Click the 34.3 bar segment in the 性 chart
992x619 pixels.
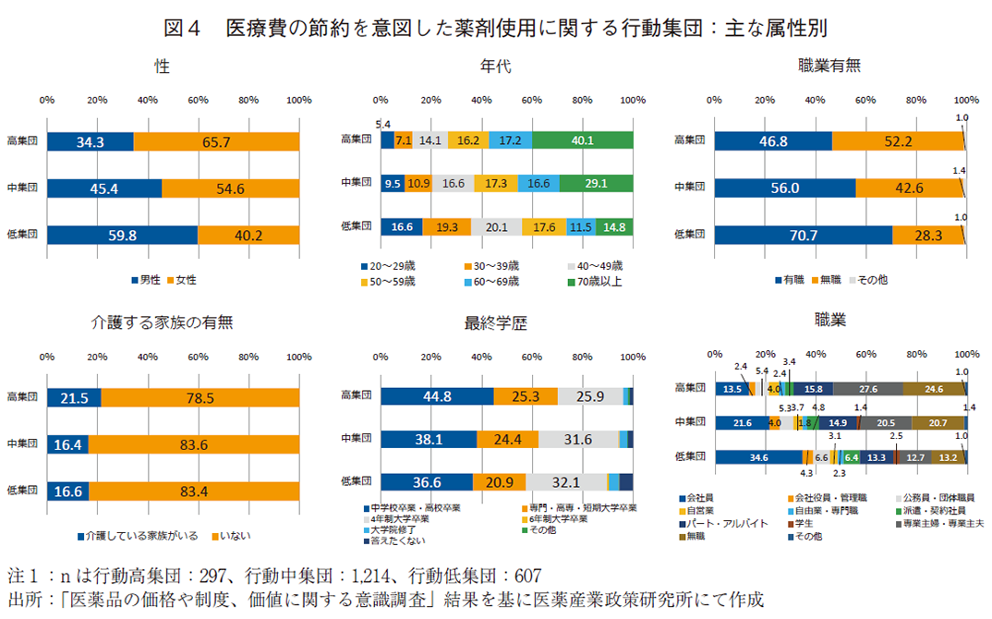[x=91, y=140]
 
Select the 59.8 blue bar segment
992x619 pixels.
[x=123, y=235]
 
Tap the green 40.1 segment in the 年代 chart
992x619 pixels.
[x=582, y=140]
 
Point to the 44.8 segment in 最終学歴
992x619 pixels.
[x=436, y=396]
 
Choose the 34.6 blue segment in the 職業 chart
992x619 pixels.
[x=759, y=456]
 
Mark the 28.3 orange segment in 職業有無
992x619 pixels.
[x=927, y=235]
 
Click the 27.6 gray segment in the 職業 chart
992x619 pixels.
[x=868, y=389]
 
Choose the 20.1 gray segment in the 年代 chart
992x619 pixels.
[x=496, y=226]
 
